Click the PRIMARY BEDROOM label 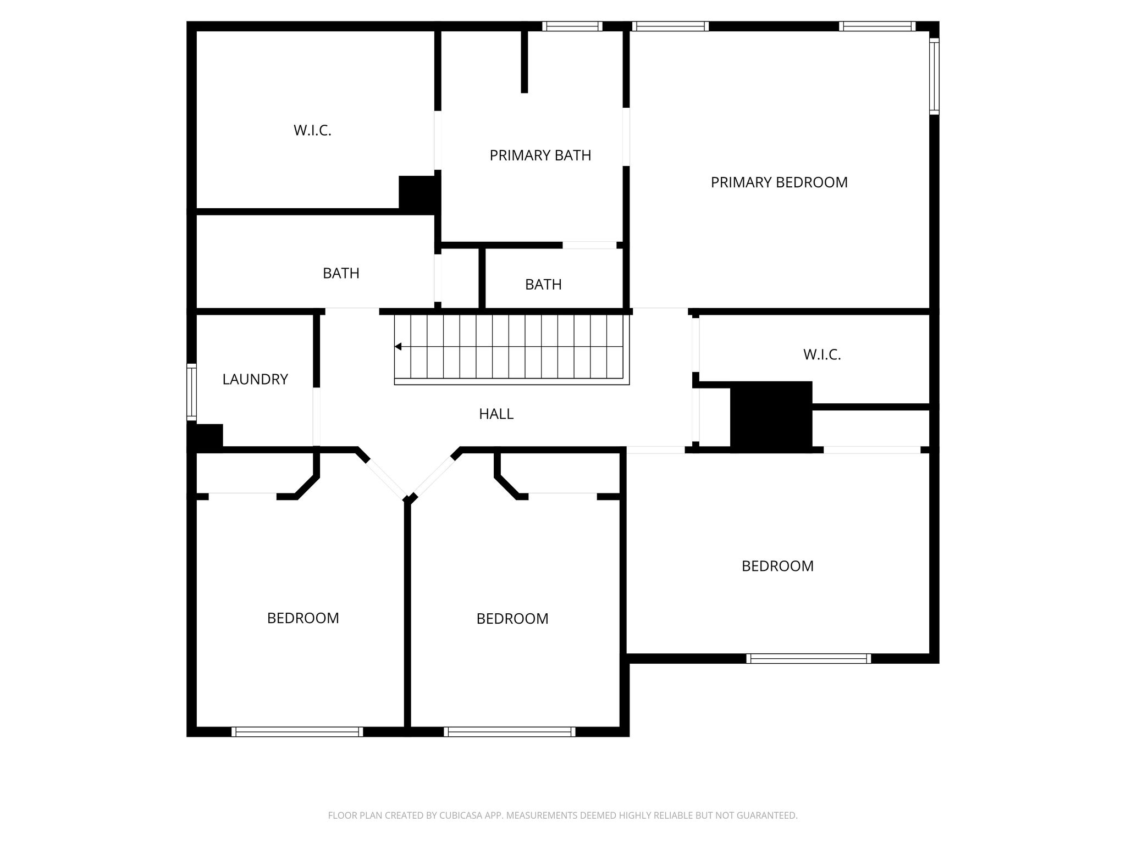point(779,182)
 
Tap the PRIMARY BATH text point(540,156)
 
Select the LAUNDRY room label point(255,379)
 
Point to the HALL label point(496,414)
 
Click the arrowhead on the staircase point(398,347)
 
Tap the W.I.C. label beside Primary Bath point(312,131)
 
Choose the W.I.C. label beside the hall point(822,355)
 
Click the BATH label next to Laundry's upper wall point(341,273)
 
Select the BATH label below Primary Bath point(543,285)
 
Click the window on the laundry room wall point(191,392)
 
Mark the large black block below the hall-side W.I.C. point(771,417)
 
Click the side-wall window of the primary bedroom point(934,76)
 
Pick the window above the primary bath point(572,26)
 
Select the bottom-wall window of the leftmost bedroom point(297,732)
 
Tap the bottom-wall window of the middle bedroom point(510,732)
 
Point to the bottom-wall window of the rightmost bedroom point(808,658)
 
